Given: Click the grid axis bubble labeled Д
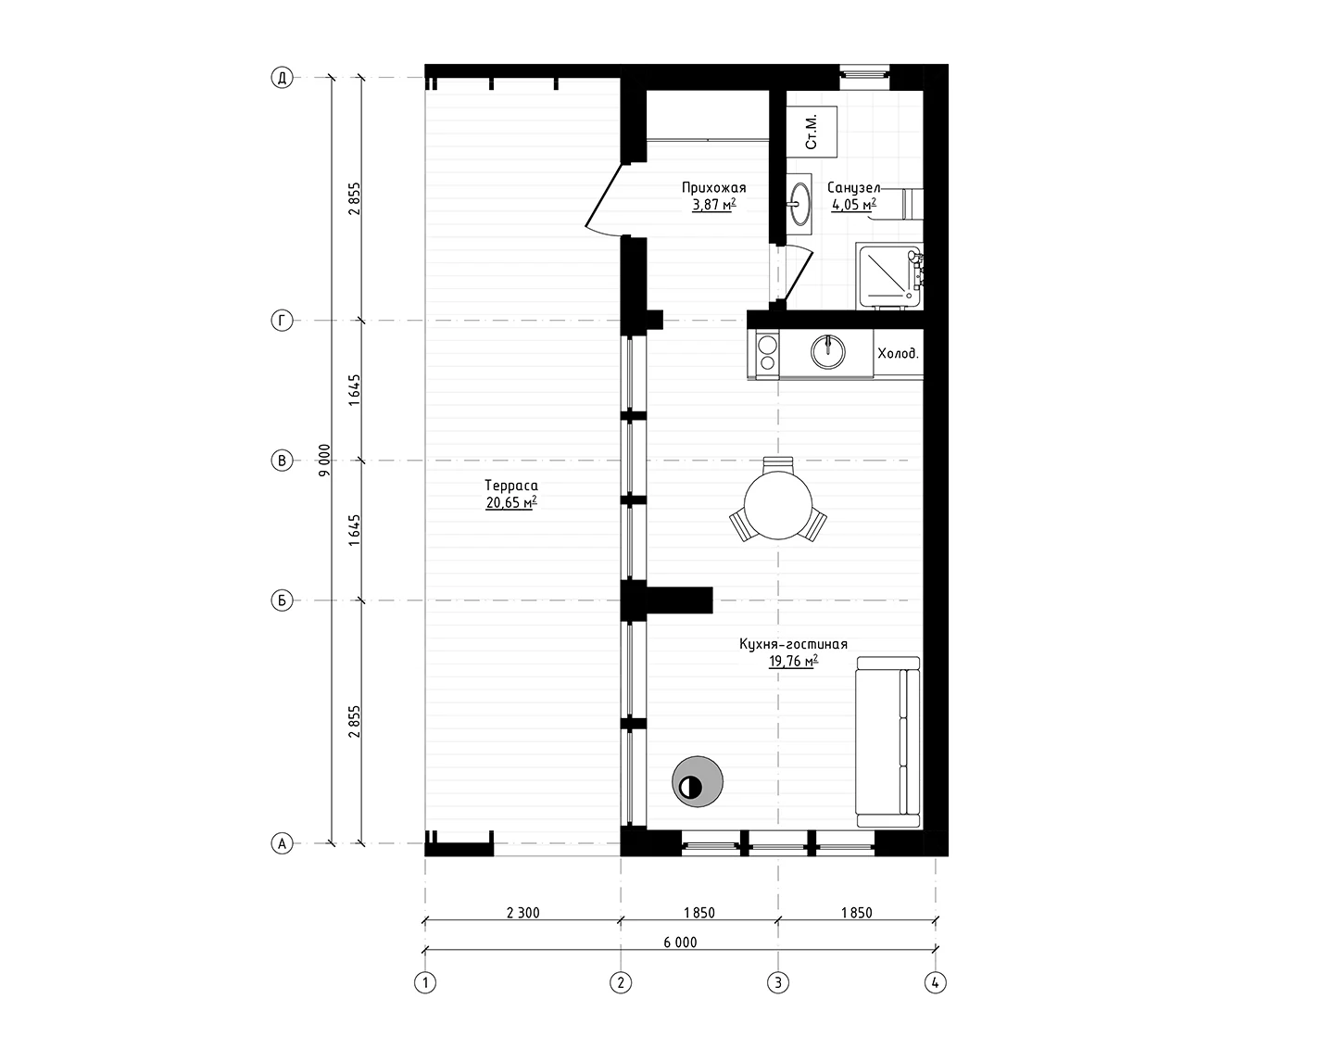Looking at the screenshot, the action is click(x=282, y=78).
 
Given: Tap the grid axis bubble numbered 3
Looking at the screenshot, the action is click(x=778, y=982).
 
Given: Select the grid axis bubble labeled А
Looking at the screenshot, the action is click(x=282, y=843).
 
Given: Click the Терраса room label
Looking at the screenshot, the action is click(x=511, y=486).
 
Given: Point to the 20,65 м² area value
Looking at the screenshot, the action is click(x=511, y=502).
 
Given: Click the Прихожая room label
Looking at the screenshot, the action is click(x=714, y=187).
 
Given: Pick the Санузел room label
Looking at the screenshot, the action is click(x=853, y=188).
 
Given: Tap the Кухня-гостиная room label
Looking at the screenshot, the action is click(x=794, y=644).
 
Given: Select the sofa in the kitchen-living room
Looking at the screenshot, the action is click(x=887, y=742).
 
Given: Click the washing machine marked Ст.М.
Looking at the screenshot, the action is click(x=812, y=132).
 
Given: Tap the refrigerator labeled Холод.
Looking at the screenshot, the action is click(x=899, y=354).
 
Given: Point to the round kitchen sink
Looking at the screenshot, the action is click(x=828, y=352).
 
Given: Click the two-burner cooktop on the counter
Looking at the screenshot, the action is click(x=767, y=353).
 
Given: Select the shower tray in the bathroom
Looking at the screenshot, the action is click(x=889, y=276).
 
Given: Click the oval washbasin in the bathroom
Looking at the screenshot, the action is click(x=799, y=204).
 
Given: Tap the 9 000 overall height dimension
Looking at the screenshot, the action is click(x=324, y=461).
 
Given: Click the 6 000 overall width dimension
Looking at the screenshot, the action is click(x=680, y=942).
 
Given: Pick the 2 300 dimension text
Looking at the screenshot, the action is click(x=523, y=913).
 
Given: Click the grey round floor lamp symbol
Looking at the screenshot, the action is click(x=698, y=781).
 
